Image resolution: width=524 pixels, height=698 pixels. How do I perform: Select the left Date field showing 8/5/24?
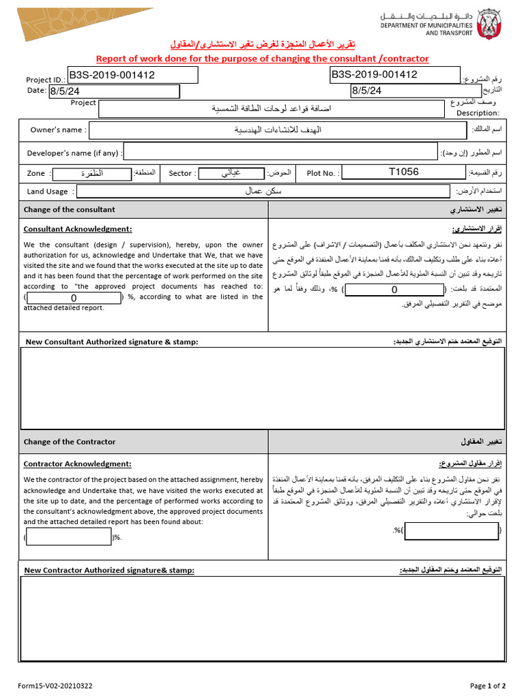[x=113, y=91]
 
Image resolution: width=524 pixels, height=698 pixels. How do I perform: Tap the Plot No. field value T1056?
[x=403, y=172]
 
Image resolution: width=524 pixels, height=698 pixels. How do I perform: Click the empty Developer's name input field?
[x=280, y=153]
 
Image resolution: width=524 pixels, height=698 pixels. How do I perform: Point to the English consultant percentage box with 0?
[x=74, y=298]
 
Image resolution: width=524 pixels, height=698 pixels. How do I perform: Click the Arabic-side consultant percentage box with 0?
[x=394, y=290]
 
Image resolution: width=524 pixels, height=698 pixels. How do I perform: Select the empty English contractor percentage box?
[x=69, y=537]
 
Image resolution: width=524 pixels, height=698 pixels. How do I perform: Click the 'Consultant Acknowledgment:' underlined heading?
[x=78, y=229]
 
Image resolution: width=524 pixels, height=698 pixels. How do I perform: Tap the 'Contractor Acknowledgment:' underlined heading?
[x=77, y=464]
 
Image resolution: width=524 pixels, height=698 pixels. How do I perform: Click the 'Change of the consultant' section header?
[x=70, y=209]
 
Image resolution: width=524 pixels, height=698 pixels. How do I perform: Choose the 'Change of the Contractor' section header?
[x=70, y=442]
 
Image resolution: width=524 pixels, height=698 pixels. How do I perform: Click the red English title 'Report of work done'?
[x=262, y=59]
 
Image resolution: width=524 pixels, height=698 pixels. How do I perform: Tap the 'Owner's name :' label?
[x=58, y=130]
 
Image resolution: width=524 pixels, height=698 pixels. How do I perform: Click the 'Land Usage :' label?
[x=51, y=192]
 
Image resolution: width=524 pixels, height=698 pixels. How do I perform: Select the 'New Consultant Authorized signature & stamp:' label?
[x=112, y=342]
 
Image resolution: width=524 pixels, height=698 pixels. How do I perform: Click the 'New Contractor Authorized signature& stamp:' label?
[x=109, y=570]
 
